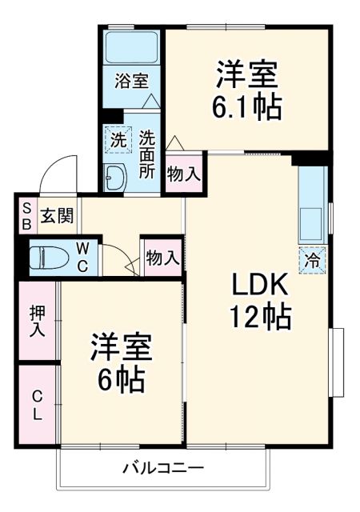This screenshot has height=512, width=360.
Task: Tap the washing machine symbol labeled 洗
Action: click(x=117, y=138)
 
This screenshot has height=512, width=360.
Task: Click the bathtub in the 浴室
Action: click(x=132, y=49)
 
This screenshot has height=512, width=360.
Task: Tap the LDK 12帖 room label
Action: click(x=261, y=301)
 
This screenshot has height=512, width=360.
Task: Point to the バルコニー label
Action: click(x=163, y=467)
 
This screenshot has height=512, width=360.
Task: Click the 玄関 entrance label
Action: click(x=58, y=215)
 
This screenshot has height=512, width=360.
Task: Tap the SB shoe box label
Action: click(x=26, y=215)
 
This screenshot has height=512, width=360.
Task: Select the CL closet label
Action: click(x=37, y=406)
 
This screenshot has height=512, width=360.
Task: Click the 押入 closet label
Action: click(x=37, y=320)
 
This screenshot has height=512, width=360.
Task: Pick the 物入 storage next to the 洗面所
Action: click(x=183, y=174)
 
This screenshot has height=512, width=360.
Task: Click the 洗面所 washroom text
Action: click(x=147, y=153)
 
